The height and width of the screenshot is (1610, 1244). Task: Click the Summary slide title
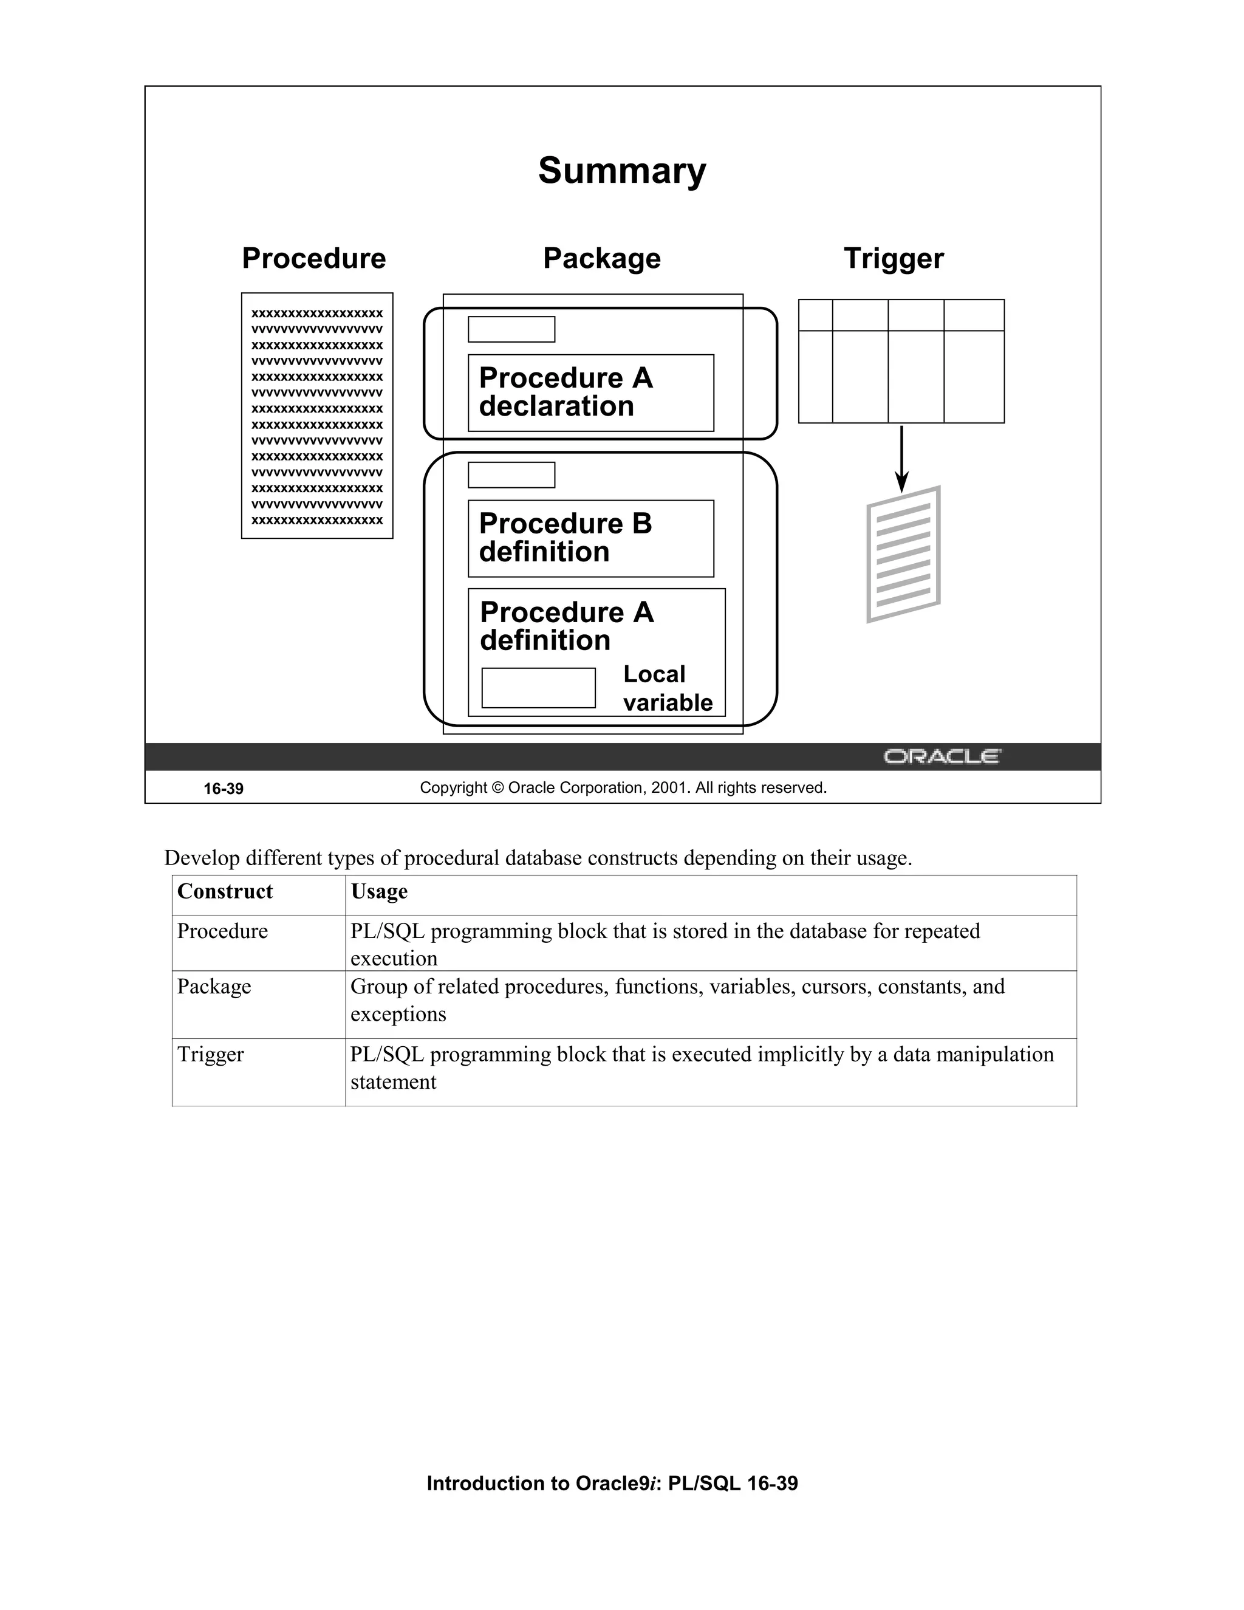point(621,171)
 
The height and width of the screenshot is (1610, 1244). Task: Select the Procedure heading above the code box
point(313,259)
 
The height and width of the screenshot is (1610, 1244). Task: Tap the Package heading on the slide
point(601,259)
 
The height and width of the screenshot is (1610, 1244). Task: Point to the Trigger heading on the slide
point(893,259)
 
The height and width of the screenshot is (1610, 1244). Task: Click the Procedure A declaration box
point(590,392)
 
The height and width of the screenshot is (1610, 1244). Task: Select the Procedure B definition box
point(590,538)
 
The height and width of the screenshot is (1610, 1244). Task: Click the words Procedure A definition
point(566,626)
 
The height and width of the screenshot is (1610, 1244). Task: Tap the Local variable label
point(667,688)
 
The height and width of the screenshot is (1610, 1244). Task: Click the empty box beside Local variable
point(538,688)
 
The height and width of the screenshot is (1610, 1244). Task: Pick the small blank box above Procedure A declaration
point(511,329)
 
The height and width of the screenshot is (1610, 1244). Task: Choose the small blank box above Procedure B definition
point(511,474)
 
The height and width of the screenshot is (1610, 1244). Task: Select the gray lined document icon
point(903,554)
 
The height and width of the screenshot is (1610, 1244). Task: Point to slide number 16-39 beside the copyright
point(224,789)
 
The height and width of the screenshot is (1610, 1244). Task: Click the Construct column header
point(225,891)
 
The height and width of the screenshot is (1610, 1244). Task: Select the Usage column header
point(379,891)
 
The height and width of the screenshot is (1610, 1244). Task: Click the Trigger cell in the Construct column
point(210,1054)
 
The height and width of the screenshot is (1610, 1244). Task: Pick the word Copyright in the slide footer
point(453,787)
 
